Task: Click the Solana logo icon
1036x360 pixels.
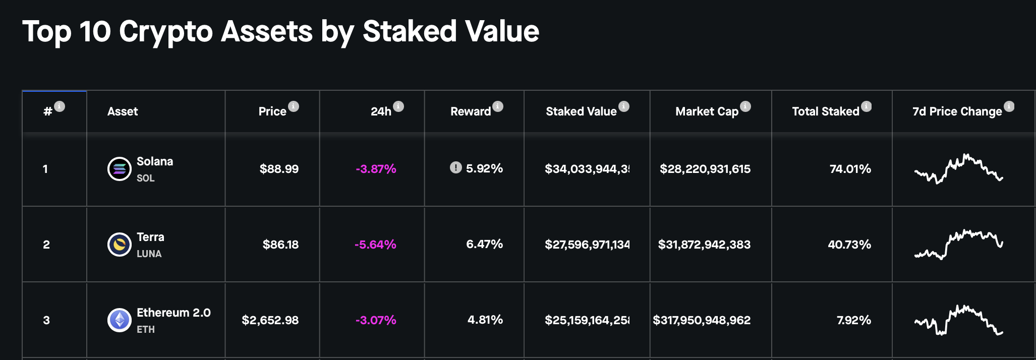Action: pyautogui.click(x=120, y=169)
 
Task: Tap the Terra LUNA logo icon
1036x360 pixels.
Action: pyautogui.click(x=120, y=245)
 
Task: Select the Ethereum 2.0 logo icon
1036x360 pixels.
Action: pyautogui.click(x=120, y=320)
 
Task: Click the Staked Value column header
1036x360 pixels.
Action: pyautogui.click(x=581, y=111)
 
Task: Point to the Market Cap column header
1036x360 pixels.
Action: pyautogui.click(x=707, y=111)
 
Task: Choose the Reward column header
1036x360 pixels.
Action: pyautogui.click(x=471, y=111)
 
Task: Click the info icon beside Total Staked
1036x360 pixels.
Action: pyautogui.click(x=867, y=106)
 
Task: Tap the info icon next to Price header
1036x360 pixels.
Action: pyautogui.click(x=294, y=106)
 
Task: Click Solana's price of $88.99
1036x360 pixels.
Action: pyautogui.click(x=279, y=169)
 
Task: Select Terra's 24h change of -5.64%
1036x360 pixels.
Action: pyautogui.click(x=375, y=245)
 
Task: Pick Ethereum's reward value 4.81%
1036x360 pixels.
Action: pyautogui.click(x=485, y=320)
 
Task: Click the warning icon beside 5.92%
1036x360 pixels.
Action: pyautogui.click(x=455, y=167)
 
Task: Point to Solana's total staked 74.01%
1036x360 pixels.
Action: pyautogui.click(x=850, y=169)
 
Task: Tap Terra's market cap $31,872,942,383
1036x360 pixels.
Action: pyautogui.click(x=704, y=245)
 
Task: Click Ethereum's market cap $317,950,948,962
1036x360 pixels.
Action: pyautogui.click(x=702, y=320)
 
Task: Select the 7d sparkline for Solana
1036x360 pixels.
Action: pyautogui.click(x=958, y=169)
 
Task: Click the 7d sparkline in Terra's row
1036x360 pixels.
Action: pyautogui.click(x=958, y=245)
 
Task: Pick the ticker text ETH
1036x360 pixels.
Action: pyautogui.click(x=146, y=329)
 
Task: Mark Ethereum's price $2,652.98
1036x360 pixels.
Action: pyautogui.click(x=270, y=320)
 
